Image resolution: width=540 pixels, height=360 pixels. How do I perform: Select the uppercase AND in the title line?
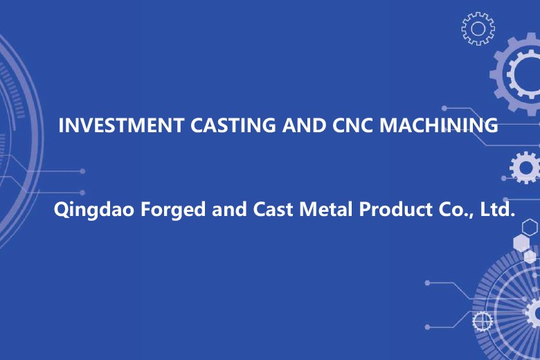coord(304,125)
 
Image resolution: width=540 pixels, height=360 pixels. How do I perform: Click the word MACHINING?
coord(439,125)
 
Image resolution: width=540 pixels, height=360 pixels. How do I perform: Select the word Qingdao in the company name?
coord(93,210)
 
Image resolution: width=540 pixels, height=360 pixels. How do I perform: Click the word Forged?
coord(173,210)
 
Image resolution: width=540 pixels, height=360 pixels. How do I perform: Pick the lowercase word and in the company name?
coord(229,209)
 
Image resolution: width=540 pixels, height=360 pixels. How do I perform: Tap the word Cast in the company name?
coord(273,209)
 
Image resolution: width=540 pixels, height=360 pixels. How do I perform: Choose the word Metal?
coord(326,209)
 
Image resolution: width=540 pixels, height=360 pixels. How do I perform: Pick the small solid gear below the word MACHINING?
coord(525,168)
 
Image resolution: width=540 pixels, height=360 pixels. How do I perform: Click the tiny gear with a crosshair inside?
coord(482,321)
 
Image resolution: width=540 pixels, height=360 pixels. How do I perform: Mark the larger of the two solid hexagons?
coord(521,242)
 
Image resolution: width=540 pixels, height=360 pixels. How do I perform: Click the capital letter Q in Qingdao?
coord(61,210)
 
